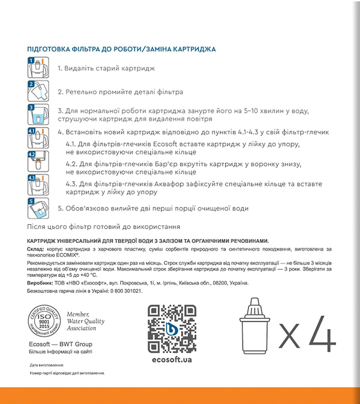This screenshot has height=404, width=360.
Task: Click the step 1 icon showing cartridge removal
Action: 38,67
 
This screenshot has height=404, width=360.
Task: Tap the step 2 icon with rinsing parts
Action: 38,91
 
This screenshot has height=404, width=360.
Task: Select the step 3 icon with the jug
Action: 38,114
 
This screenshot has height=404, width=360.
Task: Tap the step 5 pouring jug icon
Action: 38,208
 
